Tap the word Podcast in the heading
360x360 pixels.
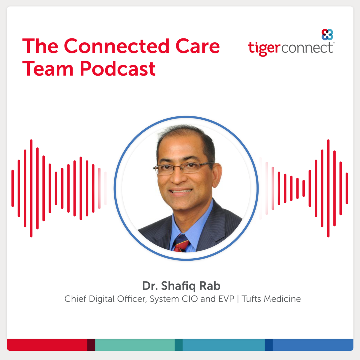118,69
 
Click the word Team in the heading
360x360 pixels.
48,69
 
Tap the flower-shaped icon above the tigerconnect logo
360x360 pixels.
327,35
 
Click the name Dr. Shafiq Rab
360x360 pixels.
181,286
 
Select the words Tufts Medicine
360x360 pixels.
271,299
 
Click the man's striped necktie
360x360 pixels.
181,243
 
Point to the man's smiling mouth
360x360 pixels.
180,191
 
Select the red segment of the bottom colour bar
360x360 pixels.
47,345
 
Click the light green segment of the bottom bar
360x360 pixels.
135,345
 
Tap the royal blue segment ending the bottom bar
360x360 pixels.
313,345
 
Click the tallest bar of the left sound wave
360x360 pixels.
31,188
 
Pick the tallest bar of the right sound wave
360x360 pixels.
328,188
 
